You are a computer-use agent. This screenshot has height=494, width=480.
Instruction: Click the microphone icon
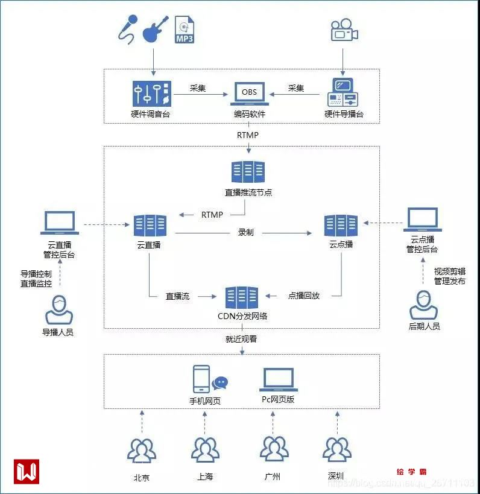tap(128, 30)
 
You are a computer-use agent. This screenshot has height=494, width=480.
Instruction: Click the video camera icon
tap(344, 31)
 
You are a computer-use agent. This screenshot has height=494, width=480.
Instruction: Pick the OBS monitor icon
tap(249, 94)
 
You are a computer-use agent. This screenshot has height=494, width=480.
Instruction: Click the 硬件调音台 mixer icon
tap(151, 94)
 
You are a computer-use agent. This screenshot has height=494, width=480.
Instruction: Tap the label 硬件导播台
tap(344, 114)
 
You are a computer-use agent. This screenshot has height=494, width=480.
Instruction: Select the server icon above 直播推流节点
tap(248, 172)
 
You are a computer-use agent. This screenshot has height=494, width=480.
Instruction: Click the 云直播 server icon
tap(150, 226)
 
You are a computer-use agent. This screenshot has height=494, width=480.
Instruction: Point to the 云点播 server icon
tap(341, 226)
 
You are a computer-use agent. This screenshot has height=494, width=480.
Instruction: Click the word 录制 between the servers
tap(245, 232)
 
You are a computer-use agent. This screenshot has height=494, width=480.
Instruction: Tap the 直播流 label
tap(178, 296)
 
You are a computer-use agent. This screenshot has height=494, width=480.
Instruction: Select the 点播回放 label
tap(304, 296)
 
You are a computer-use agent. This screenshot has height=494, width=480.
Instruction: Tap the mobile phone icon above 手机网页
tap(201, 379)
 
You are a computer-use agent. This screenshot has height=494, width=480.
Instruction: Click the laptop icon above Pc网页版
tap(278, 379)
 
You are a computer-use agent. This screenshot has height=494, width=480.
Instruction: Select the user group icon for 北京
tap(142, 451)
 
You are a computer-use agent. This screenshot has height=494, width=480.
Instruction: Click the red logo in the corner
tap(27, 471)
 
